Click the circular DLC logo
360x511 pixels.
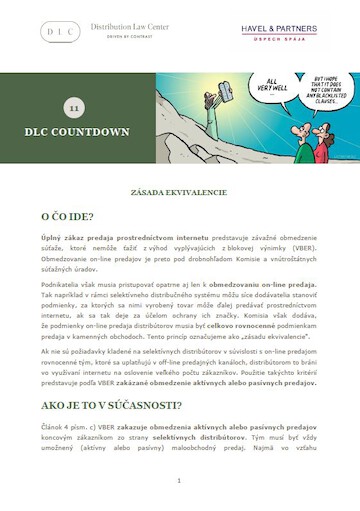pos(60,31)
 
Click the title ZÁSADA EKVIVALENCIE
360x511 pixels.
pos(180,191)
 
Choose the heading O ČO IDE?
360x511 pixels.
pos(68,215)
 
